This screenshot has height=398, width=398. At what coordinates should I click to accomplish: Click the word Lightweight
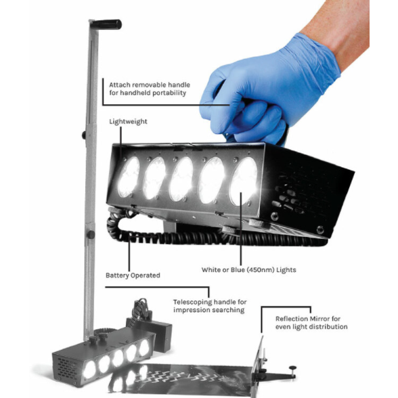click(128, 122)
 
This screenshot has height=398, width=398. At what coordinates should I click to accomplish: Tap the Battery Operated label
click(133, 275)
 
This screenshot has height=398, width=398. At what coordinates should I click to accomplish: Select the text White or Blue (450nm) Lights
click(248, 270)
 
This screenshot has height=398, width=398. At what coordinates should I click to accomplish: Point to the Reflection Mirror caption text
click(311, 322)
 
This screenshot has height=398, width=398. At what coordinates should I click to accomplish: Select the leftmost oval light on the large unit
click(129, 177)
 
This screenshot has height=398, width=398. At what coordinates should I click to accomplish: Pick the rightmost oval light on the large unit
click(244, 181)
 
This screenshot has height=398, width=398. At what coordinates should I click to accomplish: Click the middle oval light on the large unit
click(182, 179)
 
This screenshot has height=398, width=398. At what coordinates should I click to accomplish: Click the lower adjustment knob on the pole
click(90, 235)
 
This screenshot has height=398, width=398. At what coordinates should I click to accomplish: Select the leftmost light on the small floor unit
click(89, 370)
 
